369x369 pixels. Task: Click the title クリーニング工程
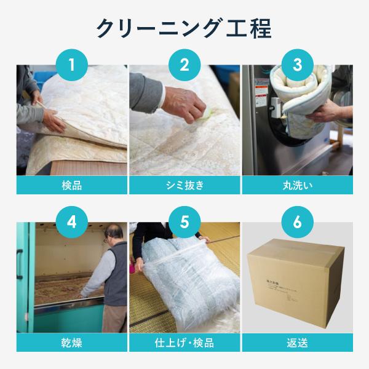tap(184, 29)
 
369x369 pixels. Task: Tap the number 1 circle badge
tap(71, 65)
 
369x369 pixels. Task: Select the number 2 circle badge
tap(184, 65)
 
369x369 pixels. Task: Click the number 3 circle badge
tap(298, 65)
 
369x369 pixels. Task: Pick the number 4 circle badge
tap(71, 222)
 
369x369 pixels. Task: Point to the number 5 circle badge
tap(184, 222)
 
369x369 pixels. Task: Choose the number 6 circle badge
tap(298, 222)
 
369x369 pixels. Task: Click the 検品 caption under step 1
tap(71, 185)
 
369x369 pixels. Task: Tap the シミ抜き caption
tap(184, 185)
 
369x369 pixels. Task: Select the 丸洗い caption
tap(298, 185)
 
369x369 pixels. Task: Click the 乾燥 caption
tap(71, 343)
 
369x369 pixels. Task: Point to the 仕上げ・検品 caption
tap(184, 343)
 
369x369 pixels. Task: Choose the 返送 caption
tap(298, 343)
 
